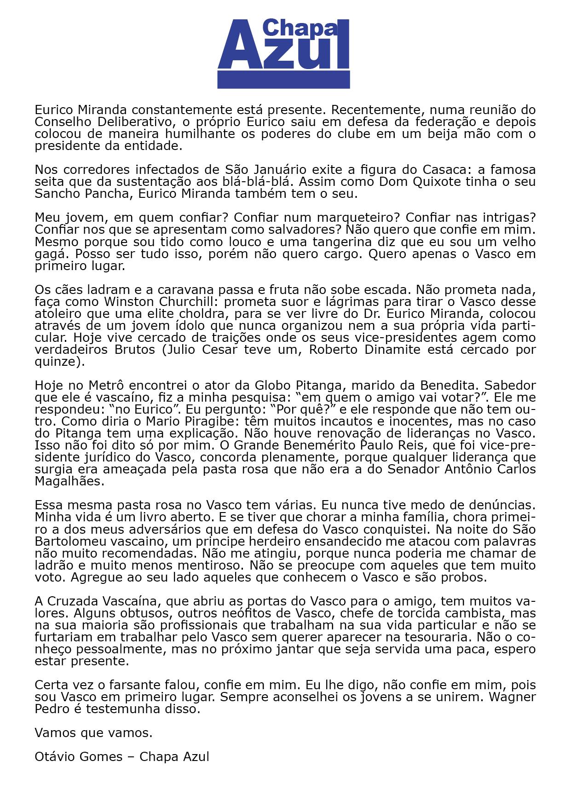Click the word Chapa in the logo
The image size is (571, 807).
tap(299, 29)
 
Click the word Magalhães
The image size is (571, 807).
tap(69, 481)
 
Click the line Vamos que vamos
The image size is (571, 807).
tap(93, 732)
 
